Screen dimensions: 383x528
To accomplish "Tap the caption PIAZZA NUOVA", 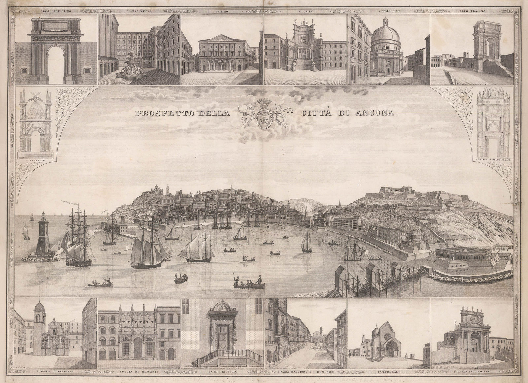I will click(138, 11).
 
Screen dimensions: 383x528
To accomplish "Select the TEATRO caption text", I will click(222, 11).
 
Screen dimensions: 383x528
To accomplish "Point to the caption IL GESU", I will click(305, 11).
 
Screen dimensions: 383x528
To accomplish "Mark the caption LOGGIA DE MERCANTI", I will click(139, 372).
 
